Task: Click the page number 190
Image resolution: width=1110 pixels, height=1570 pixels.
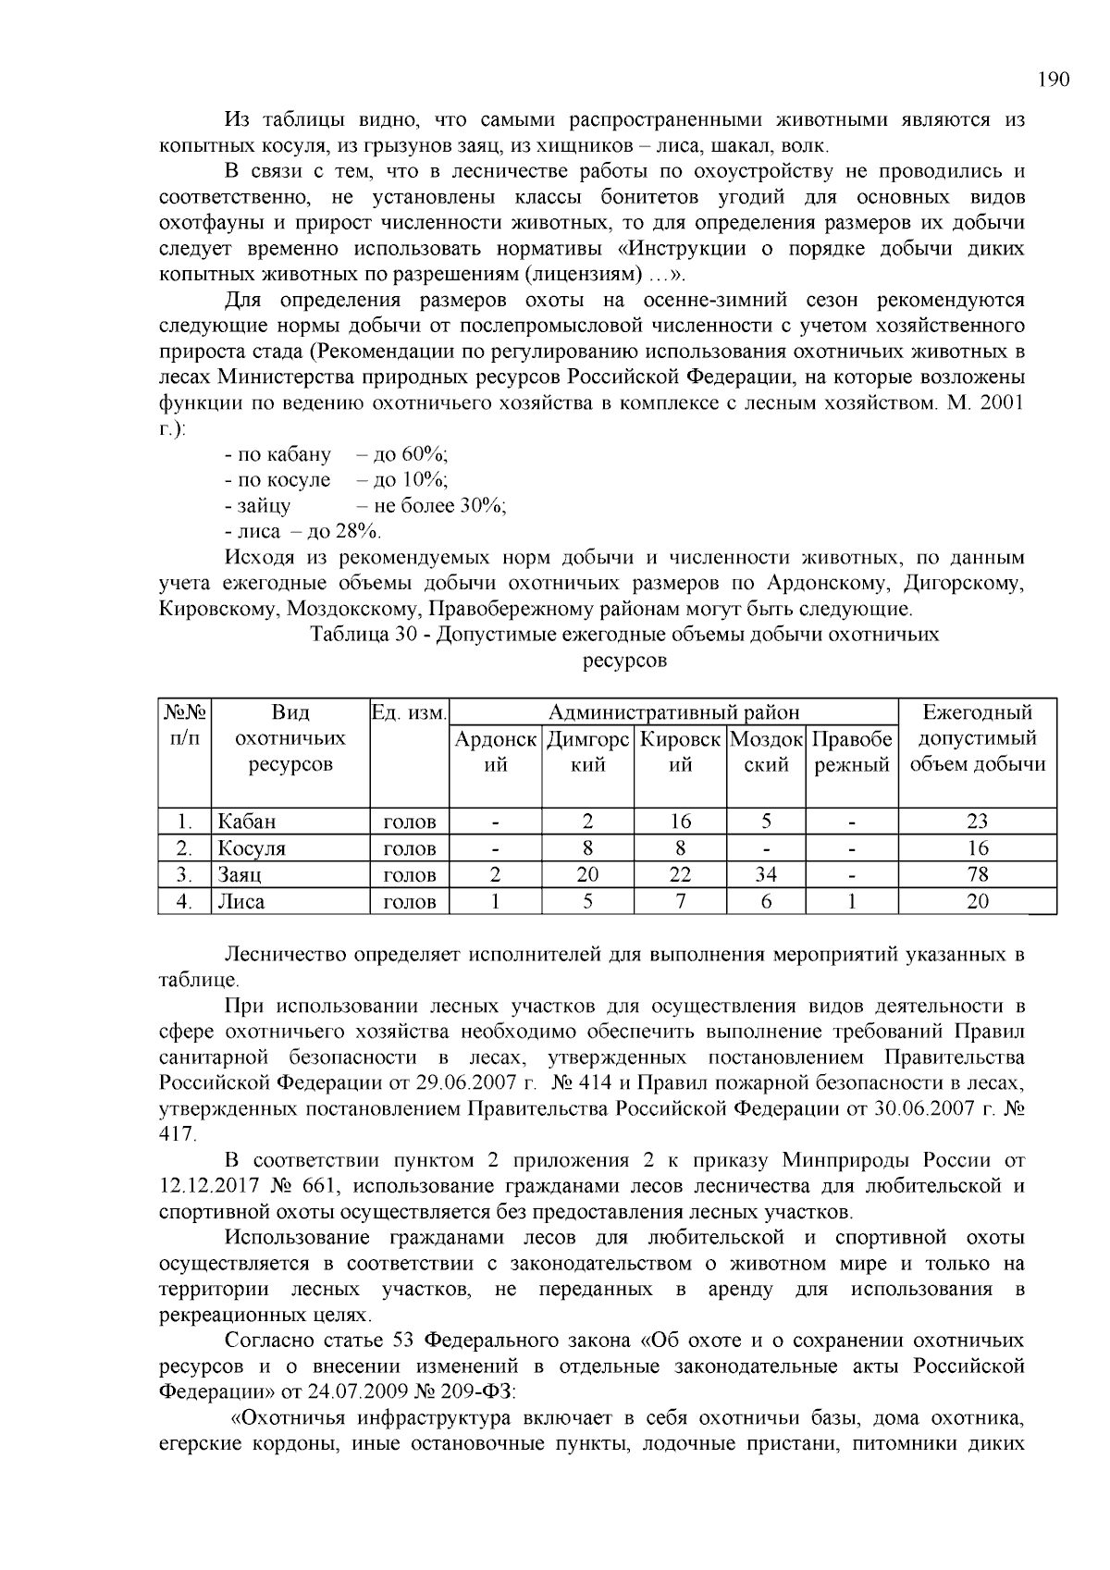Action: click(1054, 80)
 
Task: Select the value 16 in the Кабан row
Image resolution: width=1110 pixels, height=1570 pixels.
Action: click(680, 822)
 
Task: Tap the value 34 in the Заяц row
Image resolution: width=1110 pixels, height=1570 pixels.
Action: click(766, 875)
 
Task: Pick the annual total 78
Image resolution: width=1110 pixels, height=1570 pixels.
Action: click(977, 875)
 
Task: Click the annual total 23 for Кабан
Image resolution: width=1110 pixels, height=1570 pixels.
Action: click(977, 822)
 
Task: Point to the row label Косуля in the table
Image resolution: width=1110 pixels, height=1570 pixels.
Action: click(252, 848)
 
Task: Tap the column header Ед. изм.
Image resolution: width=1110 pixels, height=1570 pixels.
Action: click(409, 713)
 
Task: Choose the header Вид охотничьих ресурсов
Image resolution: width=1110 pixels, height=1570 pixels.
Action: click(290, 739)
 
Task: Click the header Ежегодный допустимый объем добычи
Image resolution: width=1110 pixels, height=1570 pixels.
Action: click(978, 739)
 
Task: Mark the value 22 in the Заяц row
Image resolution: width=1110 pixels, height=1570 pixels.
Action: click(680, 875)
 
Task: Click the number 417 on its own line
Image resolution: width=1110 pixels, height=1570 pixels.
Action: click(177, 1134)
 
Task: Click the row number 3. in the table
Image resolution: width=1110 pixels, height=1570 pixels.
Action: click(184, 875)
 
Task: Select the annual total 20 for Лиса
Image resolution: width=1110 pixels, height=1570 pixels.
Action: click(977, 902)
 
